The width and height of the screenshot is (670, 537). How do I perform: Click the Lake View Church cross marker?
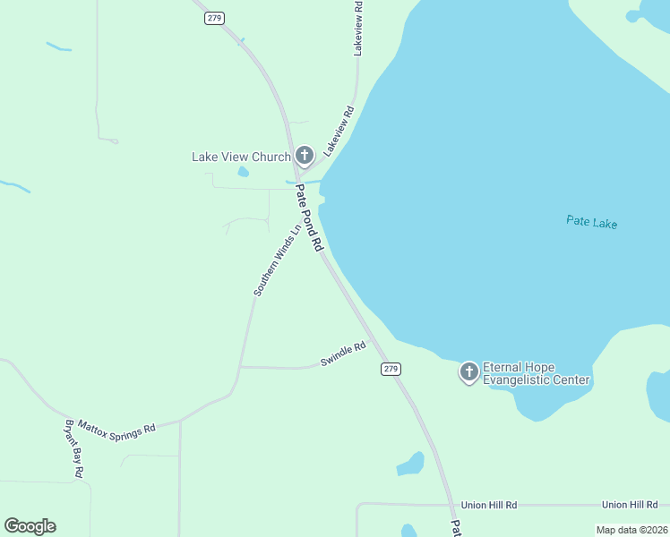click(x=304, y=156)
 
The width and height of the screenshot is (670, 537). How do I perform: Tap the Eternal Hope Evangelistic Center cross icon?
click(x=468, y=371)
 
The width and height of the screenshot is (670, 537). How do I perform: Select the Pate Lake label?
click(x=591, y=222)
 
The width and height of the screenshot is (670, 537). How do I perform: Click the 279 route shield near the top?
click(x=213, y=18)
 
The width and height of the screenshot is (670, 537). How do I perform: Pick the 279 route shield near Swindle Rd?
click(x=390, y=369)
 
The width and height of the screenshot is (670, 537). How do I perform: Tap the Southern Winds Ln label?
click(x=276, y=260)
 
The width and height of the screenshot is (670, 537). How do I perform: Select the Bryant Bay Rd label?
click(x=73, y=447)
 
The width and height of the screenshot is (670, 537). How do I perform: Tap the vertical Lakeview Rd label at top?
click(x=358, y=34)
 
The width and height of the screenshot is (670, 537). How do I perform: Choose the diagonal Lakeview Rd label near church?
click(x=339, y=132)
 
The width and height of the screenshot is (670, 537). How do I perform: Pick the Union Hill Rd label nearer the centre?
click(x=489, y=506)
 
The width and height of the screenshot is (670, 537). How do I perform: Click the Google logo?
click(x=30, y=526)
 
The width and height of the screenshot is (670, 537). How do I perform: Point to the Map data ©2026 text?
click(x=631, y=530)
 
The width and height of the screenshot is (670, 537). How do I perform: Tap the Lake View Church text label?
click(x=241, y=157)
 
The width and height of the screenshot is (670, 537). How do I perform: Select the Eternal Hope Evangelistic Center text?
click(x=536, y=373)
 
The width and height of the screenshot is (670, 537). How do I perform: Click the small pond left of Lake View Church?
click(x=243, y=172)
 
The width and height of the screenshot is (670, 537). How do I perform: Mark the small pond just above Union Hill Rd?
click(x=411, y=464)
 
